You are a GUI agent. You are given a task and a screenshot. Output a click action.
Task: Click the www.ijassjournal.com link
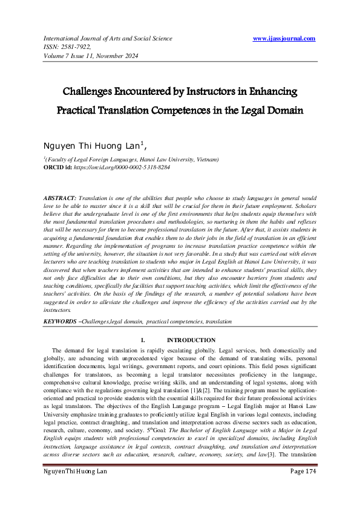284,38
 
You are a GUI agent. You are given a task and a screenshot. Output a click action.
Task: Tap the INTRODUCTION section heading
191,340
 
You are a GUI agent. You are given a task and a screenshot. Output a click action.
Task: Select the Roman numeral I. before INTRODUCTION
143,340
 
